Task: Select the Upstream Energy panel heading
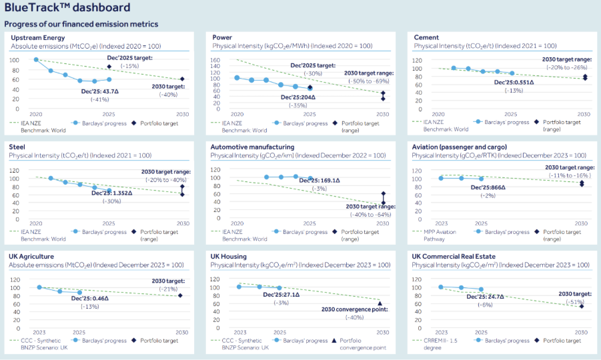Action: tap(37, 37)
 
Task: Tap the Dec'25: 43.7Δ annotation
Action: tap(99, 91)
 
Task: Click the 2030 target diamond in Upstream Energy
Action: tap(182, 79)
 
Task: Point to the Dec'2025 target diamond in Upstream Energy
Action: tap(109, 67)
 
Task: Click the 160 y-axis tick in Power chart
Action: tap(225, 60)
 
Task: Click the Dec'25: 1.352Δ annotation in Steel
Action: tap(112, 193)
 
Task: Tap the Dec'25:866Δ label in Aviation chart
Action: tap(488, 187)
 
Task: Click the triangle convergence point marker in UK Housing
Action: tap(380, 303)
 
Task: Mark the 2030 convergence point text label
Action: tap(354, 309)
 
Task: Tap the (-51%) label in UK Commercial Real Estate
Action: tap(575, 301)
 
